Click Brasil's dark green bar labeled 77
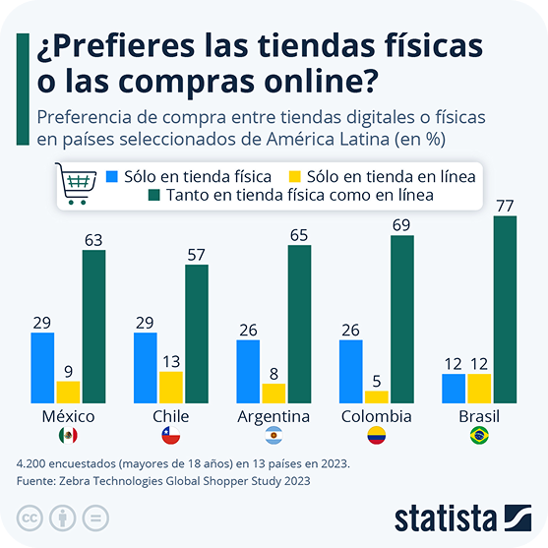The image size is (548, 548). click(505, 310)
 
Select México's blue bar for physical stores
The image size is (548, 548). click(42, 368)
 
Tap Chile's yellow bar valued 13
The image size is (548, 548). click(171, 388)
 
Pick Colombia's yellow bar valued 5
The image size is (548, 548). click(377, 397)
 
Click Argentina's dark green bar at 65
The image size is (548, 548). click(299, 325)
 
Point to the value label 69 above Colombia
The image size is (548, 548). click(401, 225)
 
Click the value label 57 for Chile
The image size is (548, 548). click(196, 255)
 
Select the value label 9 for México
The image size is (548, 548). click(69, 372)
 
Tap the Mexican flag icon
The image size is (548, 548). click(68, 436)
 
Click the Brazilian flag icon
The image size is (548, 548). click(479, 436)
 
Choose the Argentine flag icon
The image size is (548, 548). click(274, 436)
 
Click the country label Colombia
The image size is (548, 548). click(377, 416)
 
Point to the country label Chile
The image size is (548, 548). click(171, 416)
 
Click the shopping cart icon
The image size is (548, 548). click(76, 183)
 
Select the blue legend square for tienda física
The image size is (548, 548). click(112, 176)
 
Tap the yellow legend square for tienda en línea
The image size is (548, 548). click(294, 176)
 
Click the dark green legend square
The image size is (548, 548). click(154, 195)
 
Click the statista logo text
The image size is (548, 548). click(446, 518)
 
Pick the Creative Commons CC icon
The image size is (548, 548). click(30, 518)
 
